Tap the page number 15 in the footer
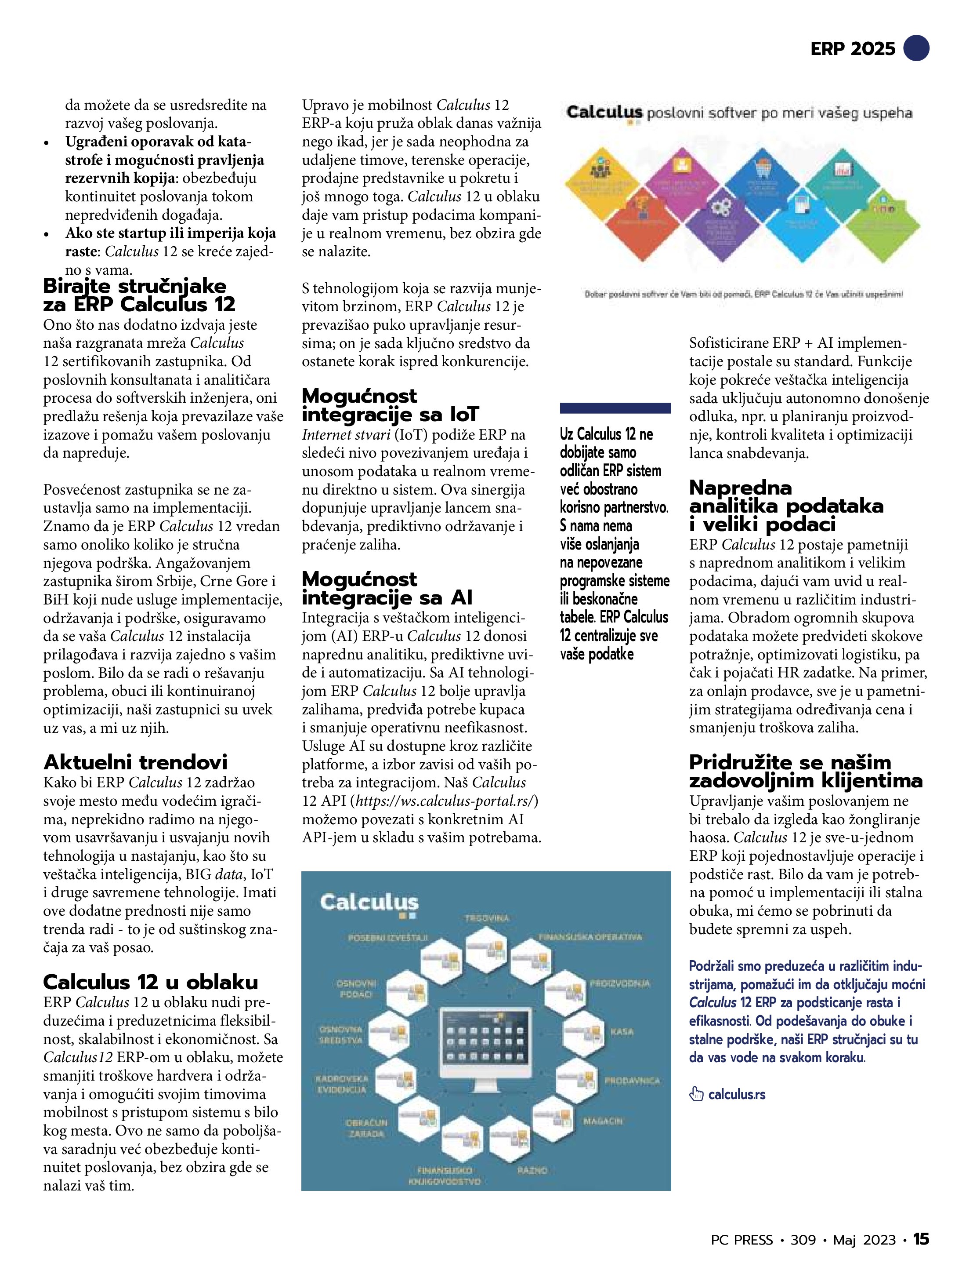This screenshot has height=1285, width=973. click(x=921, y=1256)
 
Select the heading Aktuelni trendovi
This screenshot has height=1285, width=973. click(x=135, y=762)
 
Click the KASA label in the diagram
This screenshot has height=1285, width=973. click(x=621, y=1032)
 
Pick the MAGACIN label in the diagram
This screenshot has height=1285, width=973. click(x=603, y=1121)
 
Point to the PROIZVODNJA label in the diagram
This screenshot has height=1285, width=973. click(x=620, y=983)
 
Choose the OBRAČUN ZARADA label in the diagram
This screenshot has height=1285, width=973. click(x=366, y=1128)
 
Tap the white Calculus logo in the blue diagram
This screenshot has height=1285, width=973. click(x=369, y=903)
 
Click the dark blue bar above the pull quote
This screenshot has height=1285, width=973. click(x=615, y=408)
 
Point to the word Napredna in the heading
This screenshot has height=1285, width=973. click(x=740, y=488)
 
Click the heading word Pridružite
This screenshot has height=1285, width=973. click(x=740, y=762)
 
